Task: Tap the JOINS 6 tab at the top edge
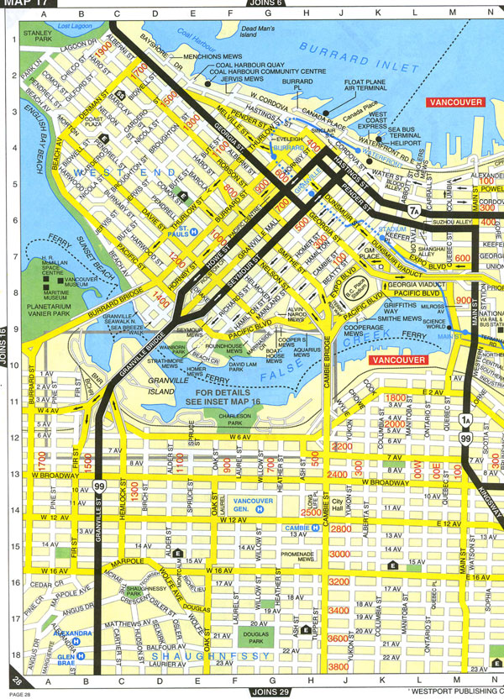click(268, 5)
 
